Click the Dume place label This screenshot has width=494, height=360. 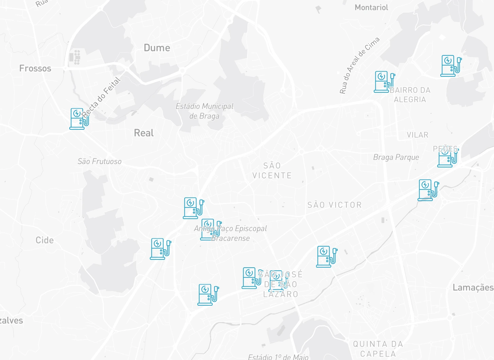[x=157, y=48]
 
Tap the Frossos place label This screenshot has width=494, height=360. [x=35, y=69]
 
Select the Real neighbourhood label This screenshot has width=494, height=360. [x=144, y=133]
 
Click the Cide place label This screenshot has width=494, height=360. [x=45, y=240]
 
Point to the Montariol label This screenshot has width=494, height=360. [x=371, y=7]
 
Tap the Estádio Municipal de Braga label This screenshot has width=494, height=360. [x=205, y=111]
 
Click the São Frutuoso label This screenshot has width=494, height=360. [x=100, y=161]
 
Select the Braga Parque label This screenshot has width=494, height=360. [x=396, y=157]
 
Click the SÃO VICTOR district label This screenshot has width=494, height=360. [x=335, y=205]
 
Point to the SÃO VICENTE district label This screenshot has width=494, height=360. [x=272, y=170]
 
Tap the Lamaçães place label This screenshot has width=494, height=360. [x=473, y=288]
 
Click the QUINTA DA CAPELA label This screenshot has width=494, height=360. [x=378, y=349]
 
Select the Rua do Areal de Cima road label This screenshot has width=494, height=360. [x=359, y=65]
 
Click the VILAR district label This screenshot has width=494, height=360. [x=418, y=135]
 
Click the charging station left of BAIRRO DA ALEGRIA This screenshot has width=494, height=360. [x=384, y=82]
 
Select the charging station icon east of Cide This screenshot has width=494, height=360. [x=160, y=249]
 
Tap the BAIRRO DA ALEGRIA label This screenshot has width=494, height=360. [x=410, y=95]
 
